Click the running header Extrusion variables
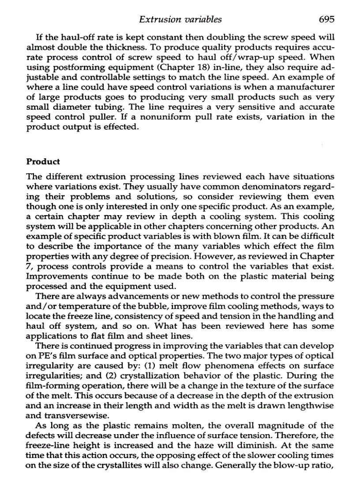coord(180,19)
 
